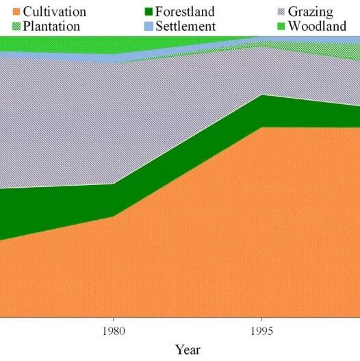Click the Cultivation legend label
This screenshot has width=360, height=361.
[55, 12]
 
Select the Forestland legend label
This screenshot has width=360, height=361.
[185, 12]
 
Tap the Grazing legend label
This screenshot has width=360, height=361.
[310, 12]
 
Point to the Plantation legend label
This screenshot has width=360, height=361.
[51, 26]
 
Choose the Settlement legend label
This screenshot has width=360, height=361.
[185, 26]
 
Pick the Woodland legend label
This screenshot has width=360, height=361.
[317, 26]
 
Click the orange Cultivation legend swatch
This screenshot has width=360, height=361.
[16, 12]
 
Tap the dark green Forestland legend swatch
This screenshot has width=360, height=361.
[149, 12]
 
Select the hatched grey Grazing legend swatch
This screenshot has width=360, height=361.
[281, 12]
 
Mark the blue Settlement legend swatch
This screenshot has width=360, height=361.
[149, 26]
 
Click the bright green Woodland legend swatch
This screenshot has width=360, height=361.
[281, 26]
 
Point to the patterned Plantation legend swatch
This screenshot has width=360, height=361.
[16, 26]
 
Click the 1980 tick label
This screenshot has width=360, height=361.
[114, 331]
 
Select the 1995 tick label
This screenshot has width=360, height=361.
[261, 331]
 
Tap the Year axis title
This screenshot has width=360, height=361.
[188, 350]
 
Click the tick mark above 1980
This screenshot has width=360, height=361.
[114, 320]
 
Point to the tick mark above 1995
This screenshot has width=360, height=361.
[261, 320]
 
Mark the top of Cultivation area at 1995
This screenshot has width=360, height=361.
[261, 127]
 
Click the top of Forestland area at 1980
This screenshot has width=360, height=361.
[114, 184]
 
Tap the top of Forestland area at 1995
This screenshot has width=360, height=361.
[261, 95]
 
